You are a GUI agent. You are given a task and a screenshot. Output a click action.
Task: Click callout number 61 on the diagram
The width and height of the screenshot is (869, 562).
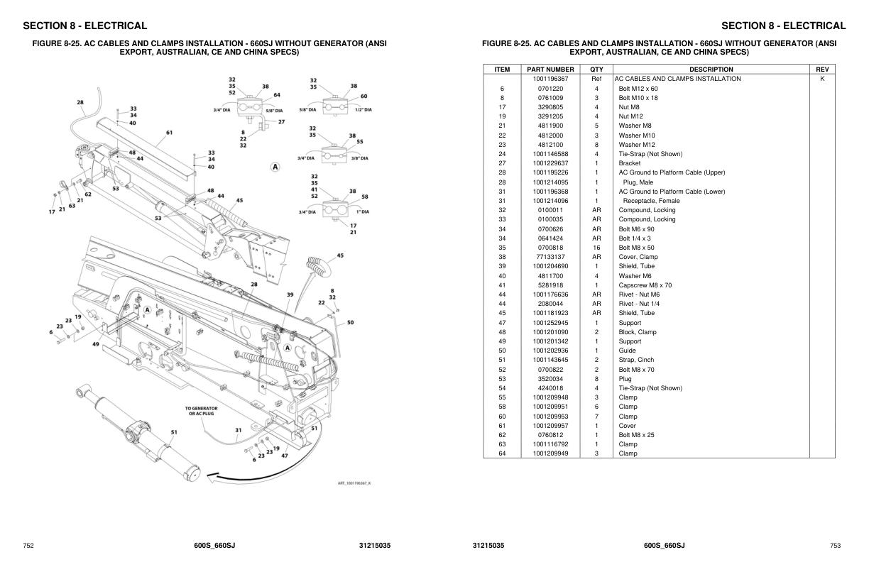(x=169, y=132)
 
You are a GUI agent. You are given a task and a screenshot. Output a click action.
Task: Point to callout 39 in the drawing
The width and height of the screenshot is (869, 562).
(x=290, y=294)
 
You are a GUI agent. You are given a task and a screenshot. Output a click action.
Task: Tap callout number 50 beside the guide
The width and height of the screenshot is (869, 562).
(x=350, y=323)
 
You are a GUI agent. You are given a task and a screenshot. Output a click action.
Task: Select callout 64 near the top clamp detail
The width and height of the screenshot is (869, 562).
(x=276, y=95)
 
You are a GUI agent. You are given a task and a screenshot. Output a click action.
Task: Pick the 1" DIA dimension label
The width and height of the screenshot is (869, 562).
(x=363, y=212)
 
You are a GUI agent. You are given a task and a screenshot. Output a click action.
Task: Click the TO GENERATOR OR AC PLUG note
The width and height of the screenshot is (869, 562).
(x=202, y=411)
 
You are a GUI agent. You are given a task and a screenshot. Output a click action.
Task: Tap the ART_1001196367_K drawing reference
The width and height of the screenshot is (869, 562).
(x=354, y=483)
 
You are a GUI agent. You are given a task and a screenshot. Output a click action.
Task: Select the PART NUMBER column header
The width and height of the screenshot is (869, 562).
(x=550, y=70)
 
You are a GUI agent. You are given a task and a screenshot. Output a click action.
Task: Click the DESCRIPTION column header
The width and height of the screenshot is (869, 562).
(x=711, y=70)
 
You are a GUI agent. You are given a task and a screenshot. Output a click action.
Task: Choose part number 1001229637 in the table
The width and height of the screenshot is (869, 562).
(x=550, y=163)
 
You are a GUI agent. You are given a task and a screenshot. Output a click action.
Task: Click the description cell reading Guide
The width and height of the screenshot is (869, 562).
(x=628, y=351)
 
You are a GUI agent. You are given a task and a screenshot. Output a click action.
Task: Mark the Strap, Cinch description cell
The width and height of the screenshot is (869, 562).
(x=636, y=360)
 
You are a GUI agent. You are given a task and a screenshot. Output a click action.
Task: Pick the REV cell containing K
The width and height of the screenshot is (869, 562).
(x=822, y=79)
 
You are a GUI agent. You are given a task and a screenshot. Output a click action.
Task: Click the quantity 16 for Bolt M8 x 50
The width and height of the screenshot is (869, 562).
(x=596, y=248)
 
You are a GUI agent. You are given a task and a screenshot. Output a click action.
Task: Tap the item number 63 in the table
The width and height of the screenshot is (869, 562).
(x=502, y=444)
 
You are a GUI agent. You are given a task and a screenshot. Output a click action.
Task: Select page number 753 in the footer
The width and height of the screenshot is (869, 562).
(x=835, y=546)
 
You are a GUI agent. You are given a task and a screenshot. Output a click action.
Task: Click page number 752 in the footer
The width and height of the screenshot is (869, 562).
(x=28, y=546)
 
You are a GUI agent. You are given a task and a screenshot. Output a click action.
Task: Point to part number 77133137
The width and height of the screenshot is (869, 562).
(x=550, y=257)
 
